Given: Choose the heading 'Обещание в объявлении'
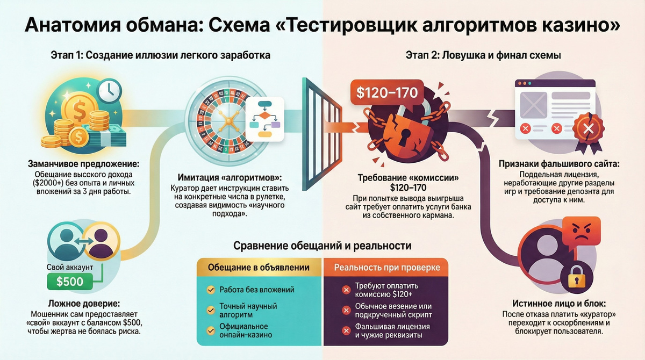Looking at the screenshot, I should tap(259, 267).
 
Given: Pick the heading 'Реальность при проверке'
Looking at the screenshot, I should tap(387, 267).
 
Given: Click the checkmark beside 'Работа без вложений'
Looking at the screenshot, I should tap(211, 290).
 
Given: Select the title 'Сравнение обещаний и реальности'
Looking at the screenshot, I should tap(322, 246).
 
